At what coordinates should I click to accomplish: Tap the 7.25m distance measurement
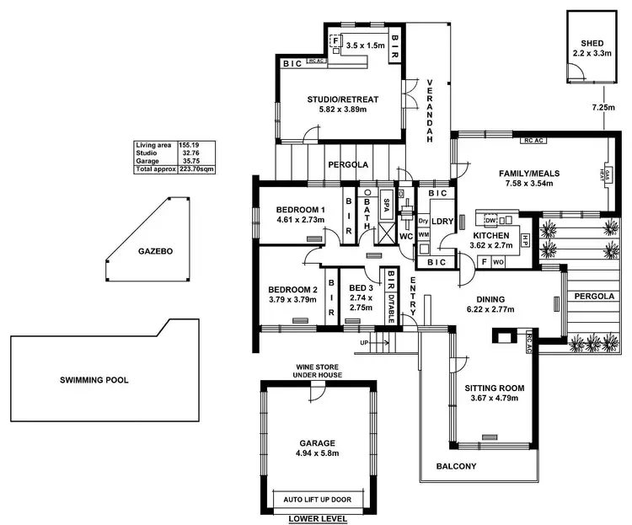[602, 109]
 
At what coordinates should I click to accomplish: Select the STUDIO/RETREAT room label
[342, 99]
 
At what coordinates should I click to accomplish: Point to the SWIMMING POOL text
[94, 380]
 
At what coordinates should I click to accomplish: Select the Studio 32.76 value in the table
[189, 153]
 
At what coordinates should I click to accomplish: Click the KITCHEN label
[490, 235]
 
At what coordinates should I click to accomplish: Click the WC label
[405, 236]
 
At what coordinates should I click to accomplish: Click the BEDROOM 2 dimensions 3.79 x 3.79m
[292, 298]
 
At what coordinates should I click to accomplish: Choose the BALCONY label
[456, 467]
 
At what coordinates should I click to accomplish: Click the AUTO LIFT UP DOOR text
[317, 499]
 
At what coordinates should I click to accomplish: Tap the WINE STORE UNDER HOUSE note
[317, 372]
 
